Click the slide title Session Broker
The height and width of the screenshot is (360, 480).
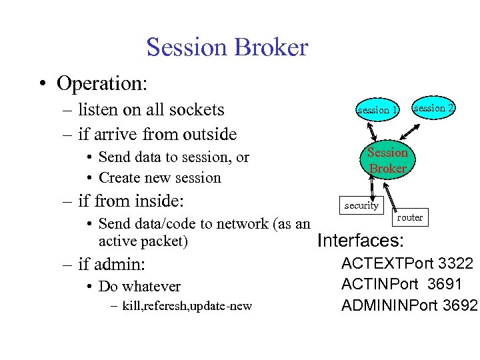point(227,47)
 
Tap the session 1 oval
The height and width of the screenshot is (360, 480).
point(377,109)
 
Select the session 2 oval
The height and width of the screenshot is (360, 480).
point(434,108)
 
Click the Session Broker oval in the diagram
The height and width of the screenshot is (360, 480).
point(387,161)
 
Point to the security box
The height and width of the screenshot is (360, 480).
point(361,206)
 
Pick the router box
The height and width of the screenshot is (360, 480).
point(409,217)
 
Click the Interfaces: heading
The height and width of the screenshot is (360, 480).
point(360,240)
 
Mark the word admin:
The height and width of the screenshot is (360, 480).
point(119,264)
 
